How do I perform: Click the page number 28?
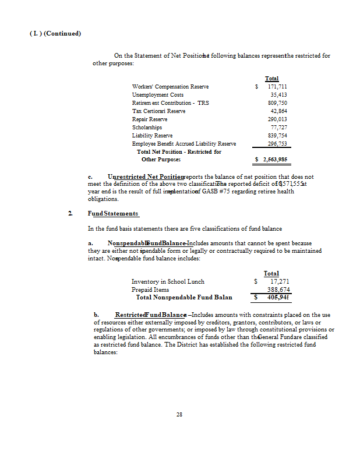coord(179,415)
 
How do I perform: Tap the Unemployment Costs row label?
coord(158,94)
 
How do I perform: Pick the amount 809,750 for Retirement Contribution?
coord(276,103)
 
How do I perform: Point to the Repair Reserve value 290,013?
coord(276,119)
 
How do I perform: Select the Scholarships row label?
coord(147,127)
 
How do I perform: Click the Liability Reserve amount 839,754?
coord(276,135)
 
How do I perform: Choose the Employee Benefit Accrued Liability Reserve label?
coord(184,143)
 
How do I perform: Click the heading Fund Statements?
coord(113,214)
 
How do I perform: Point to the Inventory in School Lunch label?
coord(168,281)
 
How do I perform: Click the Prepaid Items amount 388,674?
coord(278,290)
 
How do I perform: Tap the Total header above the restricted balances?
coord(271,79)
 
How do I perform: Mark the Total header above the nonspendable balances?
coord(271,273)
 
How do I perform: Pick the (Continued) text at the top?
coord(62,33)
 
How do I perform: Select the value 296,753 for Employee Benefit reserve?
coord(276,143)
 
